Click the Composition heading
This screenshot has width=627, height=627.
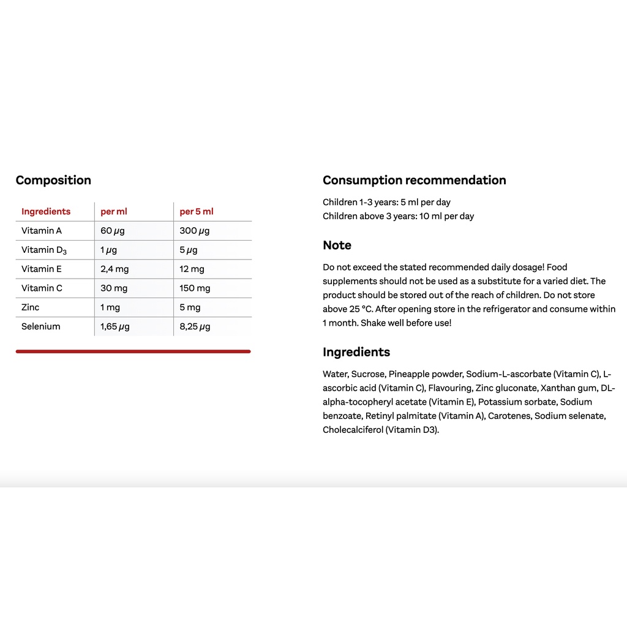(x=53, y=180)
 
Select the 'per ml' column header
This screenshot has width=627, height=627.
(x=114, y=212)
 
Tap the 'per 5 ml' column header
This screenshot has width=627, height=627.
(x=197, y=212)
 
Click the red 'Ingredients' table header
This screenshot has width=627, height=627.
(x=46, y=212)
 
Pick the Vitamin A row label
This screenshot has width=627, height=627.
(x=42, y=231)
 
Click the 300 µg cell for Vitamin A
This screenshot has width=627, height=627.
(x=195, y=231)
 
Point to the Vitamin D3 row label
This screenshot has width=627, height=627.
(x=44, y=250)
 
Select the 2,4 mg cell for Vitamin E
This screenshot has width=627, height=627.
(x=114, y=269)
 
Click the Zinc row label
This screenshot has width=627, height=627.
(x=31, y=307)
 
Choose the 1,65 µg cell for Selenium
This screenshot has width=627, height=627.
(x=115, y=326)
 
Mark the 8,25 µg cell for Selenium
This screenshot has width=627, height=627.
(x=195, y=326)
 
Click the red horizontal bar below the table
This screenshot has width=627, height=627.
(x=133, y=351)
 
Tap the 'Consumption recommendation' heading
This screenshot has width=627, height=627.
(x=415, y=180)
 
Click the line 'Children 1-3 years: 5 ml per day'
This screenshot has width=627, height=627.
(x=386, y=202)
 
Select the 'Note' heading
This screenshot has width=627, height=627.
(x=337, y=246)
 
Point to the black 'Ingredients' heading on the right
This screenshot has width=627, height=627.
(x=356, y=352)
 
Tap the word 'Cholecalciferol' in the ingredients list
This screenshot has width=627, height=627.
(x=353, y=430)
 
